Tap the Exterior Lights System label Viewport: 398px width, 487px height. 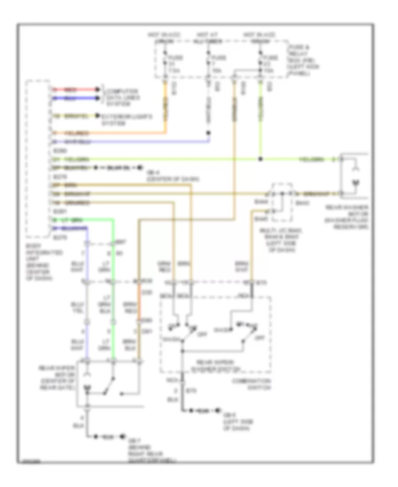[x=126, y=120]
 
